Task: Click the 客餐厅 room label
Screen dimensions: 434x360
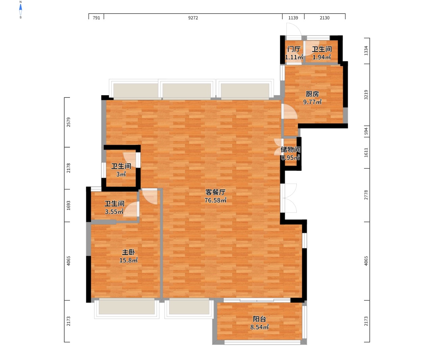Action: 215,192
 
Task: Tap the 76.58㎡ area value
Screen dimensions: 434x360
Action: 215,200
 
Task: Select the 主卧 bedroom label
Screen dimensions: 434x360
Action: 128,252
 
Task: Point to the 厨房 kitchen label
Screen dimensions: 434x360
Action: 312,94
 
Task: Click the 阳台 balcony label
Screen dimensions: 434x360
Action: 259,319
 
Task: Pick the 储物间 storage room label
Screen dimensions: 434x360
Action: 290,150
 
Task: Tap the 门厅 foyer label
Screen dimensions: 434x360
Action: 294,49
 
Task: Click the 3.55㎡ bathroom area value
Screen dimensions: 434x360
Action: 114,211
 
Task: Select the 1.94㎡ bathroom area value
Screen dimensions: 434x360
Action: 321,57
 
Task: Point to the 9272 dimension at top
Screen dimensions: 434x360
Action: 193,18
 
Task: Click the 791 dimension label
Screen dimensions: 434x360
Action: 96,18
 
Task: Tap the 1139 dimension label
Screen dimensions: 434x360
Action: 293,18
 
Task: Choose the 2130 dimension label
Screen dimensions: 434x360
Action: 324,18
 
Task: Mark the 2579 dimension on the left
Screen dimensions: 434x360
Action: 68,122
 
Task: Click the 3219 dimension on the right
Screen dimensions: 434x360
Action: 366,95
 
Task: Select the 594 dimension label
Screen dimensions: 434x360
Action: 366,131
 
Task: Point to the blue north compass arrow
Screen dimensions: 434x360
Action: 21,7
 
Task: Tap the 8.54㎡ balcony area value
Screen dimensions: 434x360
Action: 259,327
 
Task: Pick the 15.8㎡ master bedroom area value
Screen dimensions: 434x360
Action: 128,260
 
